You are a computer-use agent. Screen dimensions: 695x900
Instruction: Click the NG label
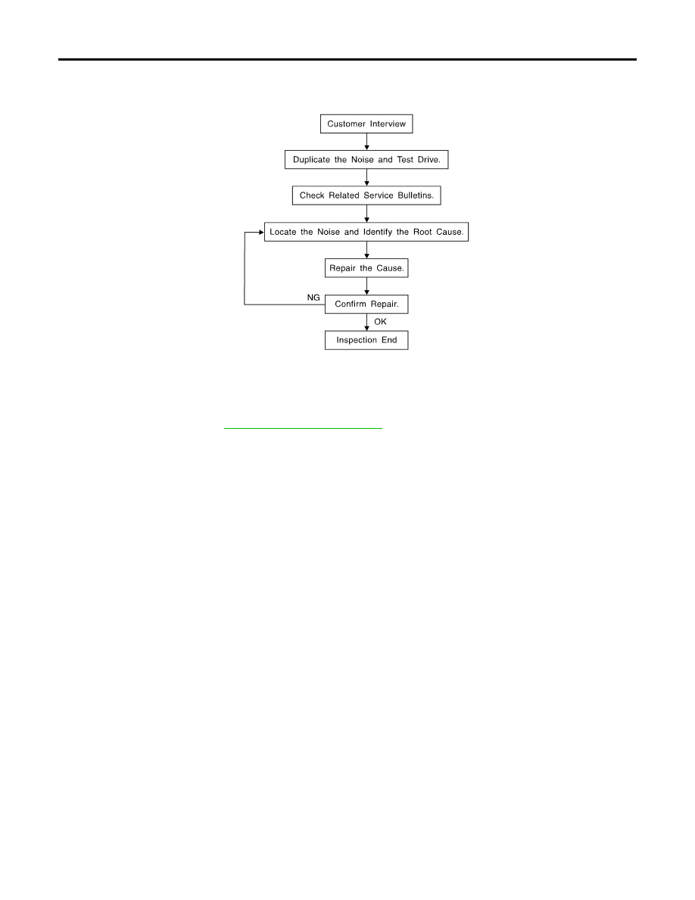[x=313, y=297]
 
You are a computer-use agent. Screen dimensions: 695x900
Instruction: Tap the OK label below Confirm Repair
[x=380, y=322]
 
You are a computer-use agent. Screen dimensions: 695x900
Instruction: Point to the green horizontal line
[x=303, y=428]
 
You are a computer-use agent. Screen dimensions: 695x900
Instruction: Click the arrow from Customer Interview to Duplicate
[x=367, y=142]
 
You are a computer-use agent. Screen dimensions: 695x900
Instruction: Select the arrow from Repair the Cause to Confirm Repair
[x=367, y=286]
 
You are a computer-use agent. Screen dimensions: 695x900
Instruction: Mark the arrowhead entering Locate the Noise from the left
[x=261, y=233]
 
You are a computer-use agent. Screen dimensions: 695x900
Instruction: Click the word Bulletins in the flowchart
[x=416, y=195]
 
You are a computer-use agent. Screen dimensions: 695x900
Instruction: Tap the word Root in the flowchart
[x=422, y=232]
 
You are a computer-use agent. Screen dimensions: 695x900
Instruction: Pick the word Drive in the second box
[x=429, y=160]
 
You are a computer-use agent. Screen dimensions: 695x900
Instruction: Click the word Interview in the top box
[x=388, y=124]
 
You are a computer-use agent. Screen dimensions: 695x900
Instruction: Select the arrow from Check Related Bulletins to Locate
[x=367, y=214]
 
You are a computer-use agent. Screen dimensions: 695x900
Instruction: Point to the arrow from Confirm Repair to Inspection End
[x=367, y=322]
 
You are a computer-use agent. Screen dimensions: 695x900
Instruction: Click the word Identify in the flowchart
[x=378, y=233]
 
